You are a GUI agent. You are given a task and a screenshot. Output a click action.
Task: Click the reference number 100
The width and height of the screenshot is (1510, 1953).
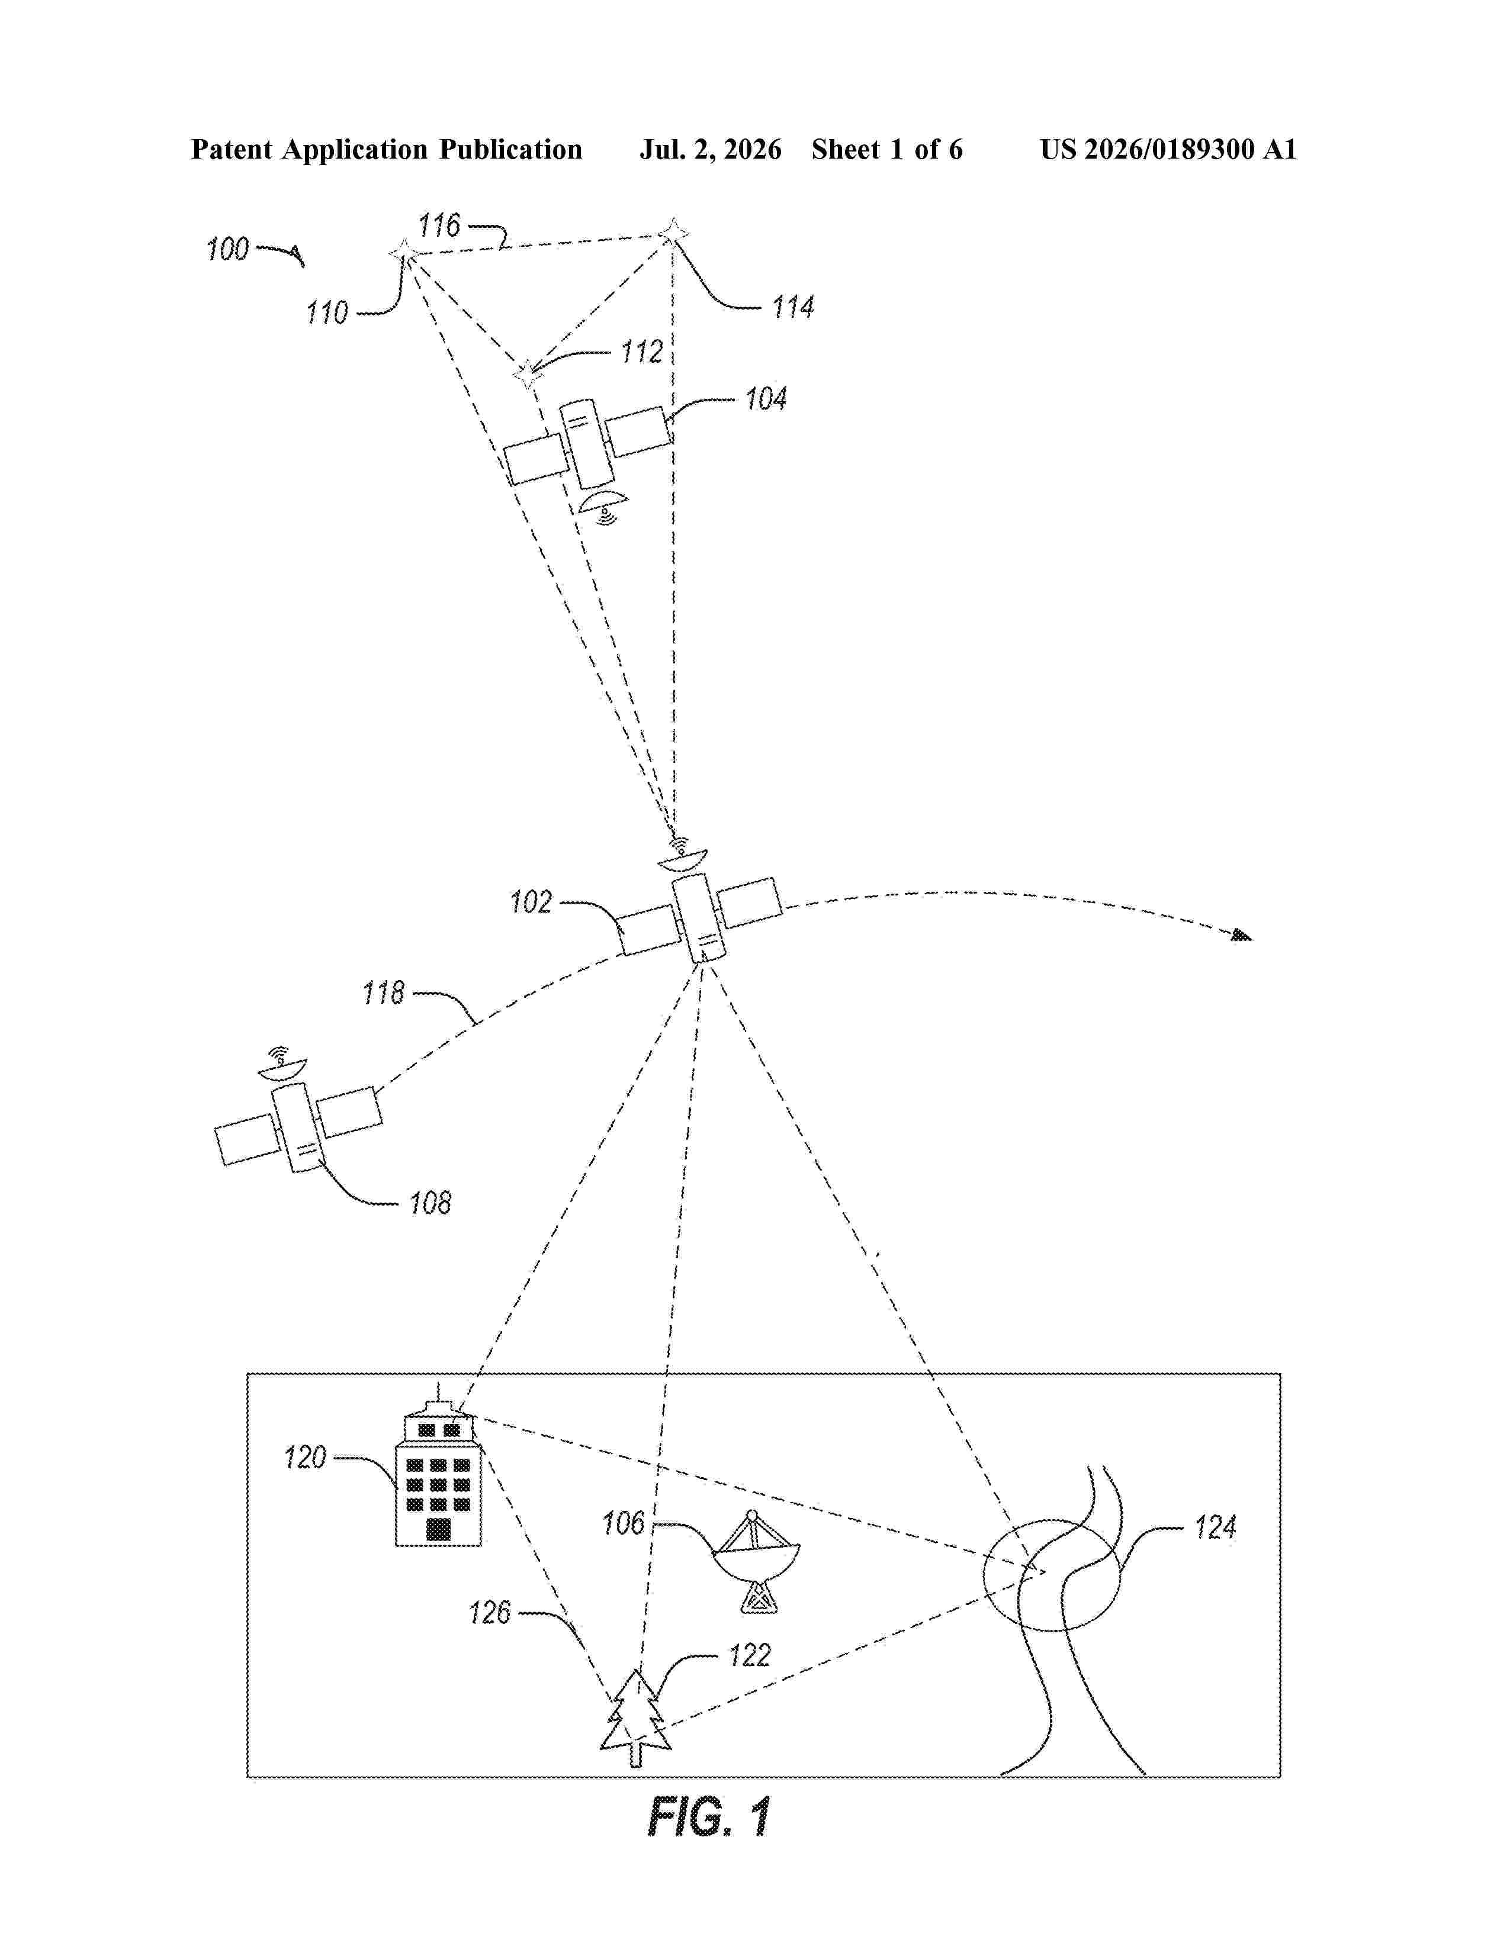tap(227, 249)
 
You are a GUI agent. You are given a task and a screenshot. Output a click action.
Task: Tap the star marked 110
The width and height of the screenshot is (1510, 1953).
tap(403, 254)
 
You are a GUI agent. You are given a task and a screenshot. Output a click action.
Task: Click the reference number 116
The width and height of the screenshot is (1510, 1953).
tap(439, 224)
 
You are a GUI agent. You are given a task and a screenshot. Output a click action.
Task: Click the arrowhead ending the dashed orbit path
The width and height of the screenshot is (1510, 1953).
tap(1242, 935)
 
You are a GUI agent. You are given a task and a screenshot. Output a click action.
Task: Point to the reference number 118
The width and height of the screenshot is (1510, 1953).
tap(383, 992)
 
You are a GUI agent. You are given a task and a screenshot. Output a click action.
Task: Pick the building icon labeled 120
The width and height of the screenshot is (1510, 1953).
tap(438, 1472)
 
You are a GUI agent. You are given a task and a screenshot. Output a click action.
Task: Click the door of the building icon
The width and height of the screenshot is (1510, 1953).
tap(438, 1529)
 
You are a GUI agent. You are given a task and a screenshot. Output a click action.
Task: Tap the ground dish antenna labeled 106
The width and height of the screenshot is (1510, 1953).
tap(757, 1561)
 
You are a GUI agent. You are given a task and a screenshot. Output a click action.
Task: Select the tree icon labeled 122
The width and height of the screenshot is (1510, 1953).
tap(635, 1718)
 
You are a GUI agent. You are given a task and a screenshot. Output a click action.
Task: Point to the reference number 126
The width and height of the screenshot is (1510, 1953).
tap(489, 1613)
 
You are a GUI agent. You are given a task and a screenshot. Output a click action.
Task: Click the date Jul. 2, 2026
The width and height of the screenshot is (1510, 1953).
tap(710, 150)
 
